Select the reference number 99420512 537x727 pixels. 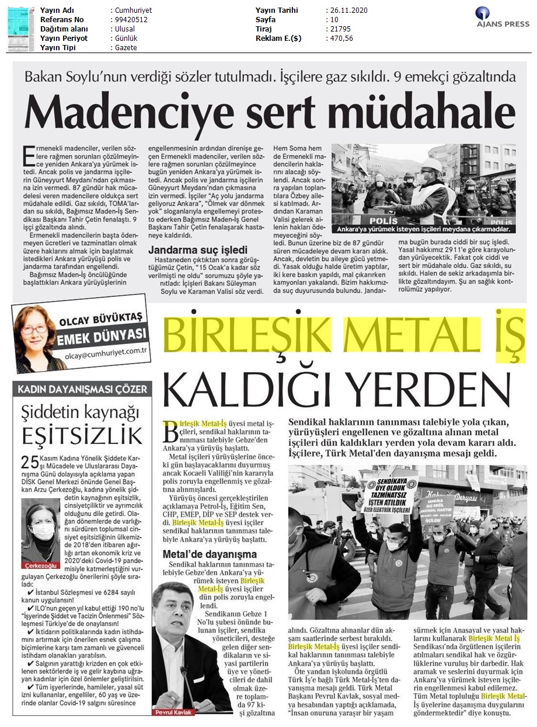[129, 20]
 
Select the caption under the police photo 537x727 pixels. [423, 229]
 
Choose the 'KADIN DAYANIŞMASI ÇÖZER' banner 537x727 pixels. [82, 389]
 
